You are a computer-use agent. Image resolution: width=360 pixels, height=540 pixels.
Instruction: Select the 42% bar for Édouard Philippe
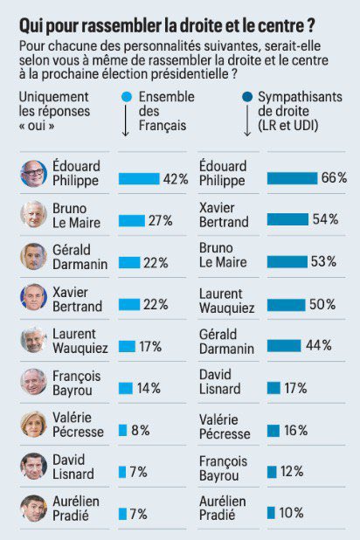[138, 178]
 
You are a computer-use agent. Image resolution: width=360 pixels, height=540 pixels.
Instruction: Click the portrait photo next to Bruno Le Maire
[34, 214]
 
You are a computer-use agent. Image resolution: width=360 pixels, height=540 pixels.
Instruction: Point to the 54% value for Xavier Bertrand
[326, 219]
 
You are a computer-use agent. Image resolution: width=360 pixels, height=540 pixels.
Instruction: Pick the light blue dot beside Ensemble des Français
[127, 96]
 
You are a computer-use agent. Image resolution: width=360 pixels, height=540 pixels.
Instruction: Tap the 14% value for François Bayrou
[149, 388]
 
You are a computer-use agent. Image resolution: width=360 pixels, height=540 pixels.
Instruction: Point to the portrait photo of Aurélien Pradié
[34, 508]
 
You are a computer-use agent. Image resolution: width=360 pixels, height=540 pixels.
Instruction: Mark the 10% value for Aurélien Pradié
[293, 513]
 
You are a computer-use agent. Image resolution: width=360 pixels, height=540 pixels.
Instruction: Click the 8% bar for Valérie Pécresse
[122, 430]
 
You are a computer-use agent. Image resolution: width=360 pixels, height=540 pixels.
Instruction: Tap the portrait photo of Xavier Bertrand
[34, 298]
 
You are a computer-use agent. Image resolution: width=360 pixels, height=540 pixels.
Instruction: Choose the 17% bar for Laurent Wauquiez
[127, 346]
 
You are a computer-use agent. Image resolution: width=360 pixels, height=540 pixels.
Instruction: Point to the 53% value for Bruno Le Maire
[326, 262]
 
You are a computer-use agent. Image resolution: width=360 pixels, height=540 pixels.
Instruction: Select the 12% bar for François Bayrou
[272, 472]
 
